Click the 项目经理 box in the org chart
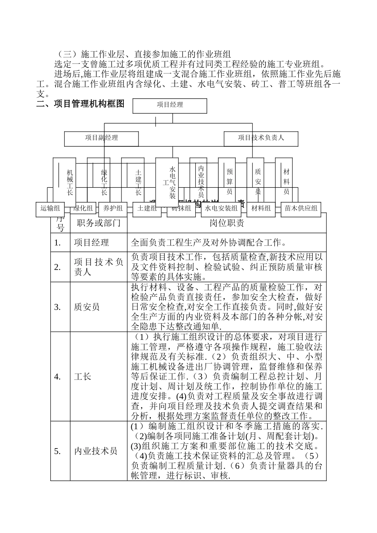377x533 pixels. (x=169, y=105)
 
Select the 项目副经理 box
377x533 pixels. (x=102, y=138)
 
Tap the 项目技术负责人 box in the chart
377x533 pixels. (x=261, y=138)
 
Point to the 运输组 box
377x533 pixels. (x=50, y=209)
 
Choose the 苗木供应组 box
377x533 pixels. (x=301, y=209)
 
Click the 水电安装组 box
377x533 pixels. (x=221, y=209)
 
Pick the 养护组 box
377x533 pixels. (x=113, y=209)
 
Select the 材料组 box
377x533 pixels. (x=261, y=209)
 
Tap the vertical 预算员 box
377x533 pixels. (x=229, y=182)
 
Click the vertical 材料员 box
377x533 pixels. (x=286, y=182)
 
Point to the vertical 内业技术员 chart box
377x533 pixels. (x=201, y=182)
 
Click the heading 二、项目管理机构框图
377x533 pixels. (x=80, y=104)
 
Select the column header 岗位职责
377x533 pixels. (x=227, y=223)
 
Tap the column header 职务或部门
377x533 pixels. (x=98, y=223)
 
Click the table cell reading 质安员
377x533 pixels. (x=87, y=307)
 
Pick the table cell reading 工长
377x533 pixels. (x=83, y=376)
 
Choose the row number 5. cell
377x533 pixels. (x=58, y=451)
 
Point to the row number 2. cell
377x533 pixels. (x=58, y=267)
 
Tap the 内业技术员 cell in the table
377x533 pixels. (x=96, y=451)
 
